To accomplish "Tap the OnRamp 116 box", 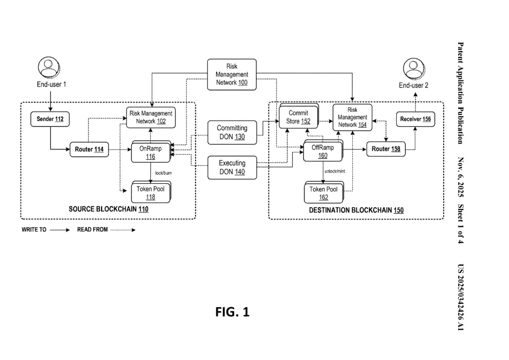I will (150, 152).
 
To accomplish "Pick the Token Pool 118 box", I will (150, 192).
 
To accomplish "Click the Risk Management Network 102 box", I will (151, 117).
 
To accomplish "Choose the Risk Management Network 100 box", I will (232, 74).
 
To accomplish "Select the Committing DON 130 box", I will (232, 132).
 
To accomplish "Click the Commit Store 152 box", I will (298, 117).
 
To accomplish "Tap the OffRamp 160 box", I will (323, 151).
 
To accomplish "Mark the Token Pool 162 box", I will (324, 193).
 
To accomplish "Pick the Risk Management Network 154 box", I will (352, 117).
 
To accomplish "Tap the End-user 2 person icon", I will (413, 69).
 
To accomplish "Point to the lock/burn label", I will (163, 173).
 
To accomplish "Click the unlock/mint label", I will (335, 171).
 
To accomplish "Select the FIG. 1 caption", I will (232, 312).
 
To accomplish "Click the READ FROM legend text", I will (92, 230).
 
